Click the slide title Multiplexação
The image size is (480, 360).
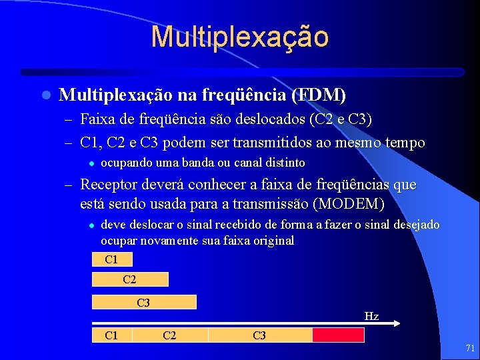[x=239, y=37]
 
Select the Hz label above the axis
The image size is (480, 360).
[x=371, y=316]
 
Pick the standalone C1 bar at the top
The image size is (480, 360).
[x=112, y=259]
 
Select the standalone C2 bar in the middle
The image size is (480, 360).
[x=130, y=279]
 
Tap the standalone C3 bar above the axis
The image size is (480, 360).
[x=143, y=303]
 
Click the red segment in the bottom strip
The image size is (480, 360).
[x=338, y=335]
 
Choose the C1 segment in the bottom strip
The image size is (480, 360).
[x=112, y=335]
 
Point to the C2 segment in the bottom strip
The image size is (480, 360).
[x=170, y=335]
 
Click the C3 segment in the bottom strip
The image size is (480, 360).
[x=260, y=335]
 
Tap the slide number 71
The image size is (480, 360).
[x=470, y=347]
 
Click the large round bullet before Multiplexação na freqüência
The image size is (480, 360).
[x=45, y=96]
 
